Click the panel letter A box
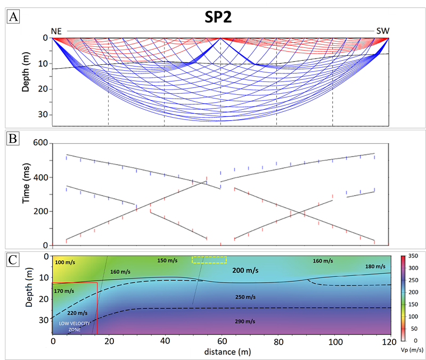tap(13, 17)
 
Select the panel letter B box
tap(13, 140)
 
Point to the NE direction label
tap(56, 31)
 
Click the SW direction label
tap(383, 31)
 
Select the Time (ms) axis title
tap(26, 194)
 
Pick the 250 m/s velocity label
tap(246, 296)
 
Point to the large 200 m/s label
tap(246, 271)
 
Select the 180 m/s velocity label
tap(375, 266)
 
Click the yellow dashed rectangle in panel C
tap(209, 259)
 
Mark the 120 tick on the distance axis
tap(390, 341)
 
